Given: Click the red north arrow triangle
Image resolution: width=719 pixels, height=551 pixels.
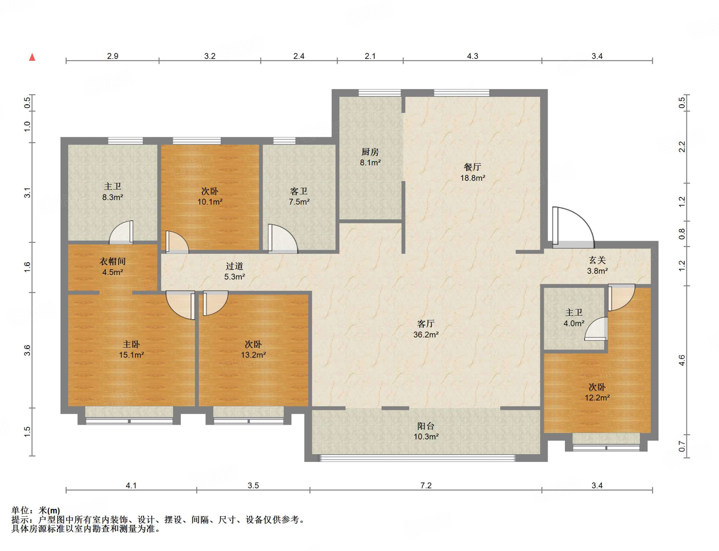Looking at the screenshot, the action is tap(32, 57).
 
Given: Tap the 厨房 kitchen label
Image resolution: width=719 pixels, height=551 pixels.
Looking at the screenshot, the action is tap(370, 152).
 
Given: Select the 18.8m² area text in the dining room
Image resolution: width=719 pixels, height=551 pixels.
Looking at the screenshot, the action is tap(473, 178).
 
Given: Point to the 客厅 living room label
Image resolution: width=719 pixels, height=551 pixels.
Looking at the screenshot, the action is tap(426, 324).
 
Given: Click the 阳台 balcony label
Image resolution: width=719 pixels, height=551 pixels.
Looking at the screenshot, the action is tap(426, 426).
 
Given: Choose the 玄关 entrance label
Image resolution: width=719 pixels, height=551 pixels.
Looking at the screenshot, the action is tap(597, 260).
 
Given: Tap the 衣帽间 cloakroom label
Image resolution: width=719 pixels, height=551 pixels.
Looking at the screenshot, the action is tap(112, 261).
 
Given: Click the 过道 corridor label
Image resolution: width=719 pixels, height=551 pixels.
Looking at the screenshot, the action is tap(235, 266).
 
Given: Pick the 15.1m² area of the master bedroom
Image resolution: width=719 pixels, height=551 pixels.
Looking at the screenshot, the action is tap(131, 355).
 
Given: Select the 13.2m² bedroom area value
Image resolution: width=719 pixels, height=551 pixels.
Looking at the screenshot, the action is tap(253, 355).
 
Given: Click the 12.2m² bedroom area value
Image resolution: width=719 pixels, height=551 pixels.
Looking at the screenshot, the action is tap(597, 398).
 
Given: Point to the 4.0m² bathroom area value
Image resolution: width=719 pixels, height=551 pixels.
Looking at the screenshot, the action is tap(574, 323).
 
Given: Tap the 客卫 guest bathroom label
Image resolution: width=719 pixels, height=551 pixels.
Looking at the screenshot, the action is tap(299, 191).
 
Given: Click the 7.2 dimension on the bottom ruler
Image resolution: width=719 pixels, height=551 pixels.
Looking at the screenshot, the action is tap(426, 485).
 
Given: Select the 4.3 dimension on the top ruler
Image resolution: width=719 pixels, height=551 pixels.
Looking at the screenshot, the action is tap(473, 56).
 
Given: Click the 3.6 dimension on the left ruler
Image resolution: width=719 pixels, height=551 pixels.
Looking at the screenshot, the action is tap(27, 350).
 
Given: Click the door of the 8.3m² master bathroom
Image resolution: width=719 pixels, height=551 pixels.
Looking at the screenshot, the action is tap(121, 232).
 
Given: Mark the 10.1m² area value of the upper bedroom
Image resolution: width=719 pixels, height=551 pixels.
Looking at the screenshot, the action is tap(210, 202).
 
